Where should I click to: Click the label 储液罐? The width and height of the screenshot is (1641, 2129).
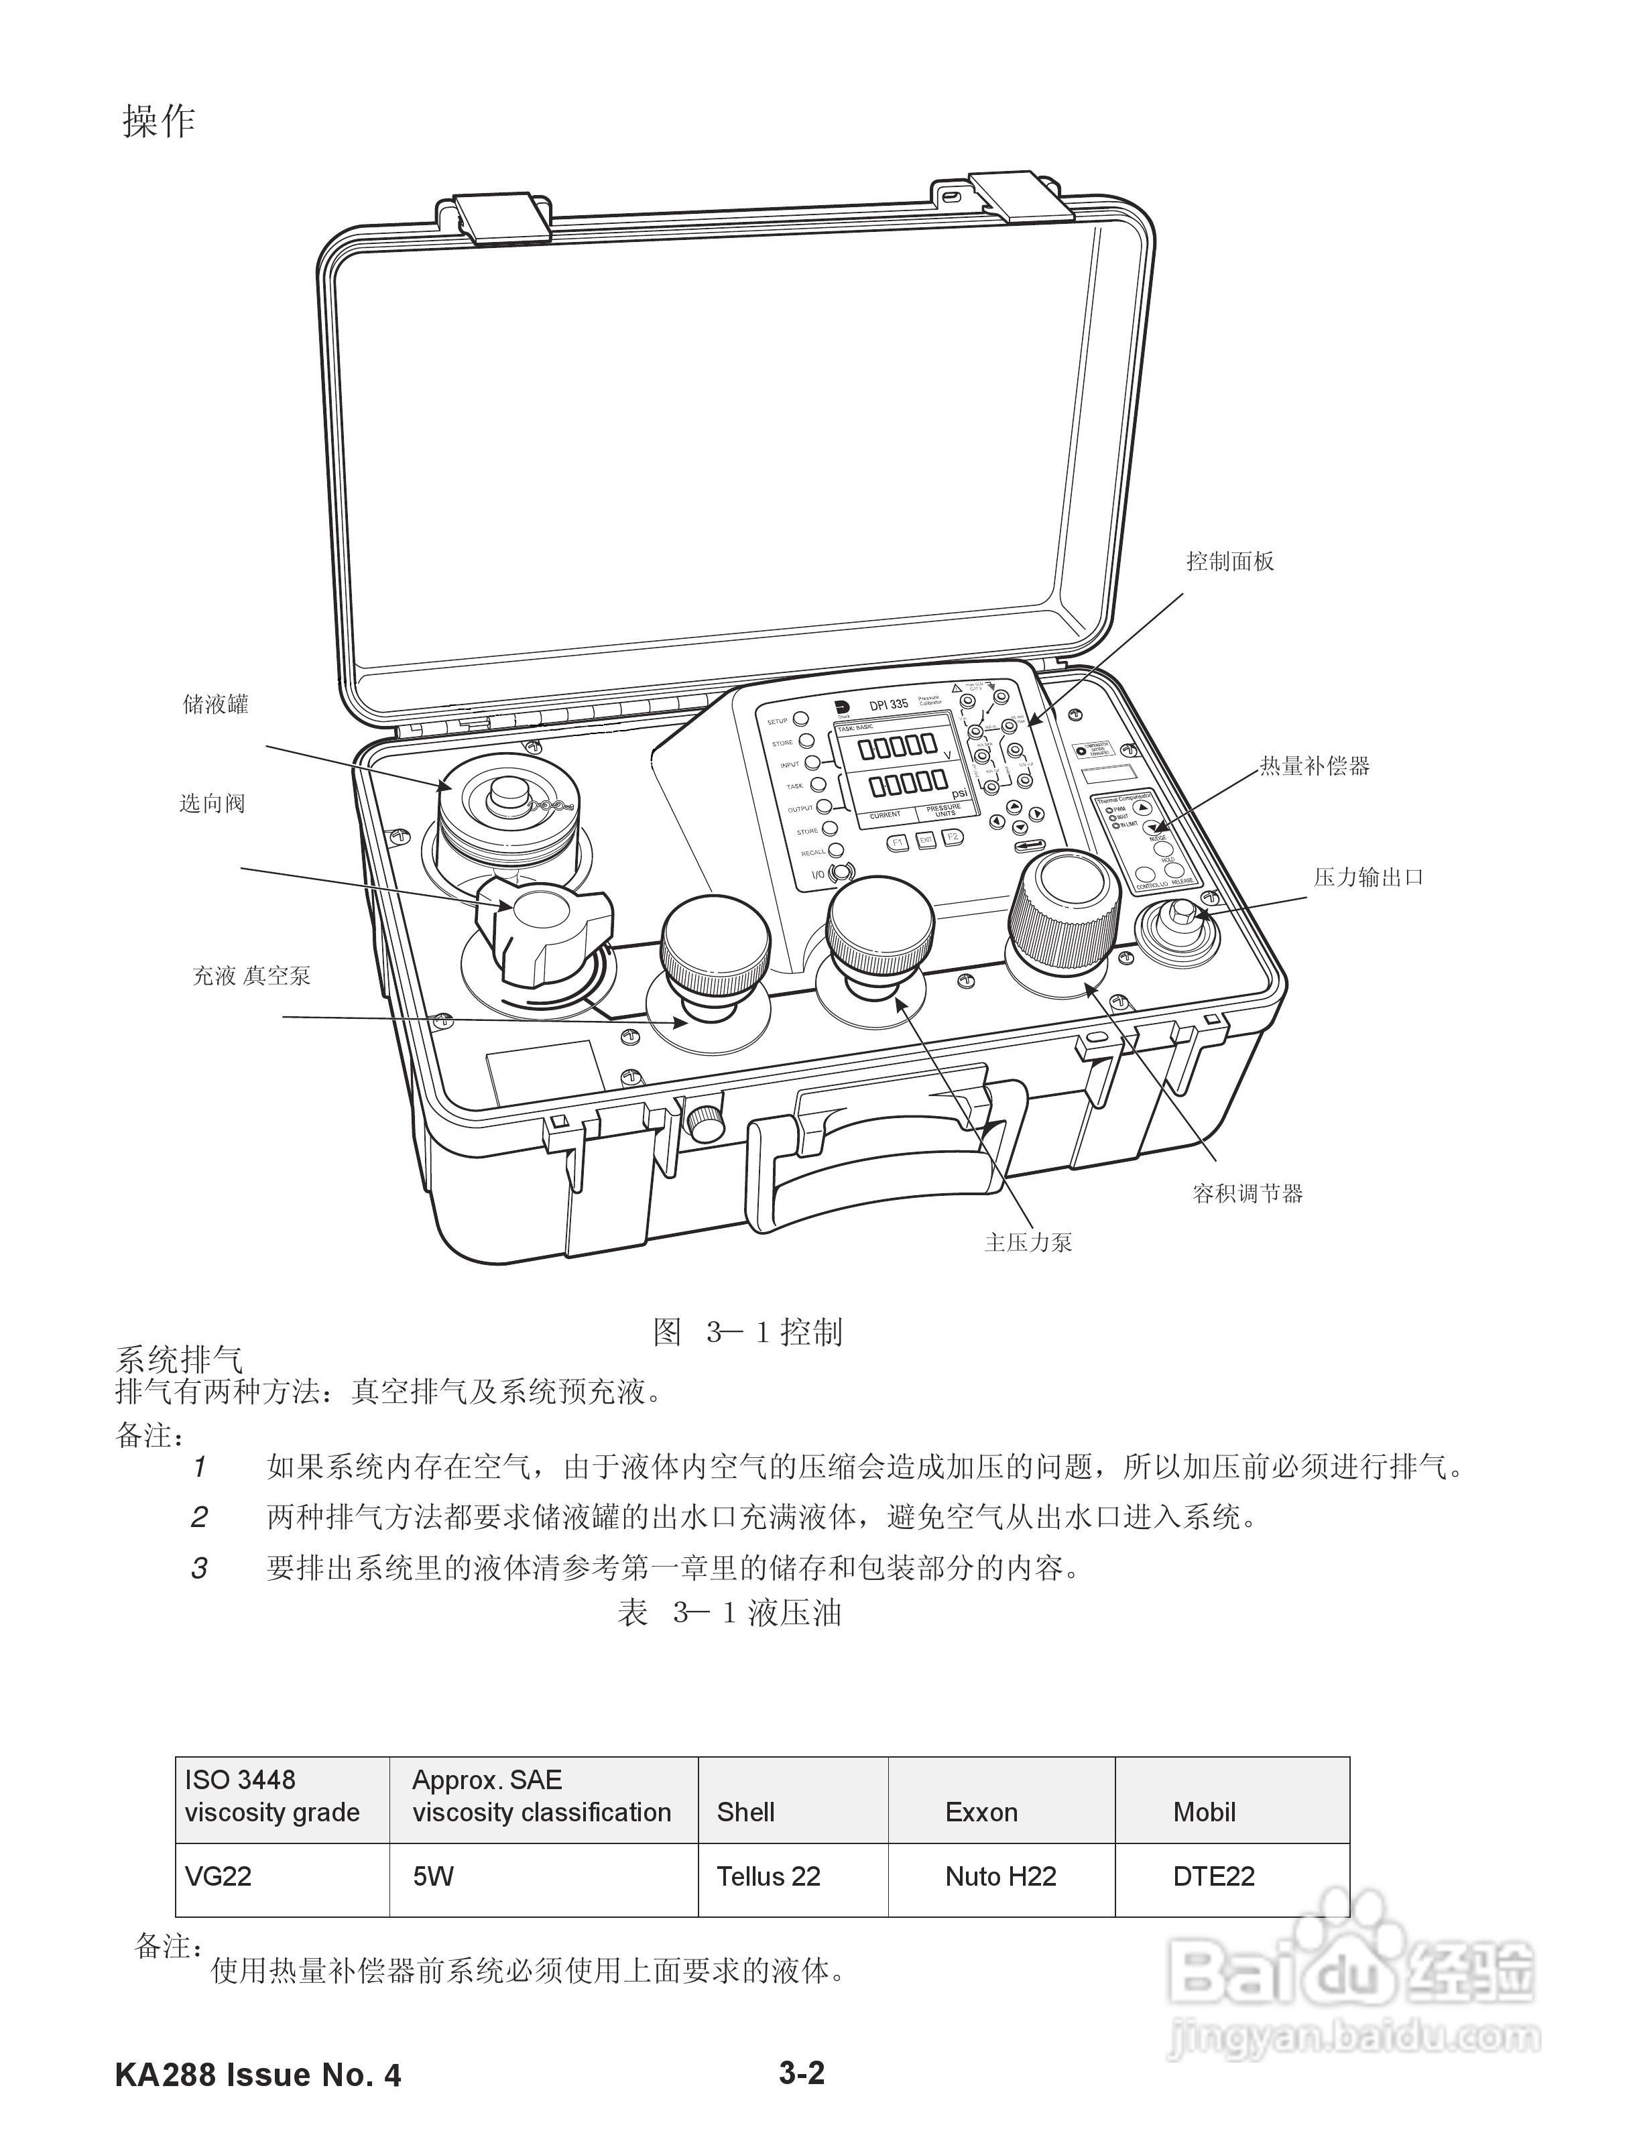pyautogui.click(x=215, y=704)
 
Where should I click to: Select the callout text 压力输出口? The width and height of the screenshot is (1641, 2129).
pyautogui.click(x=1368, y=877)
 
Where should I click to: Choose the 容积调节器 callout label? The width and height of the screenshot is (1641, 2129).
pyautogui.click(x=1247, y=1193)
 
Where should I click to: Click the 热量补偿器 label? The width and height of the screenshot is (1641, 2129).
pyautogui.click(x=1315, y=766)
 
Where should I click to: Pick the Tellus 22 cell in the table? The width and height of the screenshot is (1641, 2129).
pyautogui.click(x=768, y=1876)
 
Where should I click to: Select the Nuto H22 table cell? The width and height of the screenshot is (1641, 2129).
pyautogui.click(x=1000, y=1876)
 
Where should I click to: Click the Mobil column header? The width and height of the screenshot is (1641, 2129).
pyautogui.click(x=1204, y=1811)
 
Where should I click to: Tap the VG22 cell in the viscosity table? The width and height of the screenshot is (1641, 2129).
pyautogui.click(x=219, y=1876)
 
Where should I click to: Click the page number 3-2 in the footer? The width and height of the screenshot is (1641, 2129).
pyautogui.click(x=802, y=2073)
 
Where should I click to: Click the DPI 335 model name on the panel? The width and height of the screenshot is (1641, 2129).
pyautogui.click(x=890, y=704)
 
